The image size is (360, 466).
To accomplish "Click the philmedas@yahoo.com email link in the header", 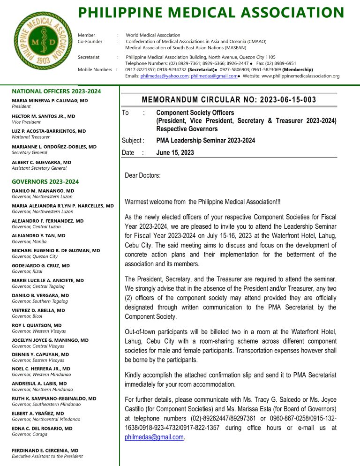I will pyautogui.click(x=161, y=76).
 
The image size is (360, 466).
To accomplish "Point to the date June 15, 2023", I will pyautogui.click(x=175, y=152).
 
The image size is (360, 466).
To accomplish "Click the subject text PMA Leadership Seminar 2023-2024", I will pyautogui.click(x=205, y=140).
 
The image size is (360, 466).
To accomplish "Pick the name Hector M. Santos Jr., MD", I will pyautogui.click(x=43, y=116).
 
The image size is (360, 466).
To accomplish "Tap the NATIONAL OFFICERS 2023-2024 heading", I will pyautogui.click(x=51, y=91).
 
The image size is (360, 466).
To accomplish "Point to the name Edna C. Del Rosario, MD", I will pyautogui.click(x=42, y=428).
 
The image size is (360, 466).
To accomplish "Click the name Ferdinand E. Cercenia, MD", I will pyautogui.click(x=45, y=451).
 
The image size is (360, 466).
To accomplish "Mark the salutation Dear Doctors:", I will pyautogui.click(x=142, y=175).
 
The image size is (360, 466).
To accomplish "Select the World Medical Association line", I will pyautogui.click(x=153, y=35).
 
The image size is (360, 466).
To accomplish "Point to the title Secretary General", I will pyautogui.click(x=30, y=152).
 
